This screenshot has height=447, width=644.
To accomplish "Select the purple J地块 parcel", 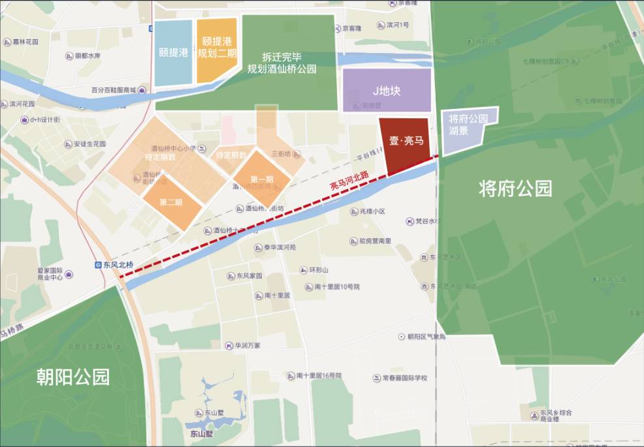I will click(x=386, y=91).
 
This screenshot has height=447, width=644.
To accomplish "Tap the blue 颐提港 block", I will click(x=173, y=53).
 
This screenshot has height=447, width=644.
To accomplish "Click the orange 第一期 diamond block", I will click(x=261, y=179).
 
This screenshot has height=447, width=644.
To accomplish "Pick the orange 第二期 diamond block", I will click(x=170, y=202).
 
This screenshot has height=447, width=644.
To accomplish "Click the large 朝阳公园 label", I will click(x=73, y=377).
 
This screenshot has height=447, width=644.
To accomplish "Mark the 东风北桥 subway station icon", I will click(x=99, y=266).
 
